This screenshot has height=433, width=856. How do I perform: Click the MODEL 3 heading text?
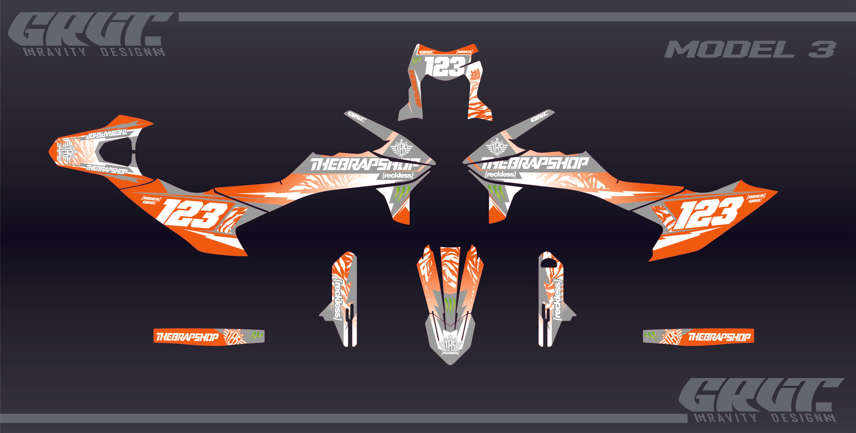click(750, 49)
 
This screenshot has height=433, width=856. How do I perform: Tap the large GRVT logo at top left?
click(90, 30)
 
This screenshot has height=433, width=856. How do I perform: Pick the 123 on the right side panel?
click(709, 213)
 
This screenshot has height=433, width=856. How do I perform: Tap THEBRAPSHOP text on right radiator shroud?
click(534, 164)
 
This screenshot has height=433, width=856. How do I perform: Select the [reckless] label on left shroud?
click(398, 176)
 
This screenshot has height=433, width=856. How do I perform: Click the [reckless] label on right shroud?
click(500, 175)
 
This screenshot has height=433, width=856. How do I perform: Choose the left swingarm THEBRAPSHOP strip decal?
click(209, 337)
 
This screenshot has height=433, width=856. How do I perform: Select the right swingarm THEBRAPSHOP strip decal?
click(699, 337)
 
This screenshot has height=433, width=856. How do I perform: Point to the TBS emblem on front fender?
click(450, 343)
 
